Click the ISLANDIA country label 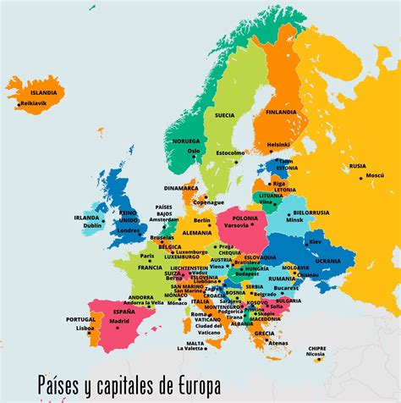pos(44,92)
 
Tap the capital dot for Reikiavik pos(19,103)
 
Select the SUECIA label pos(224,114)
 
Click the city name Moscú pos(374,176)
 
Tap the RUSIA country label pos(358,166)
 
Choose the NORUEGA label pos(185,141)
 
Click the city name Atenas pos(278,343)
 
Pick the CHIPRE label pos(316,348)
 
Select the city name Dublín pos(93,225)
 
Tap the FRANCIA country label pos(150,267)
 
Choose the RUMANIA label pos(282,278)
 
